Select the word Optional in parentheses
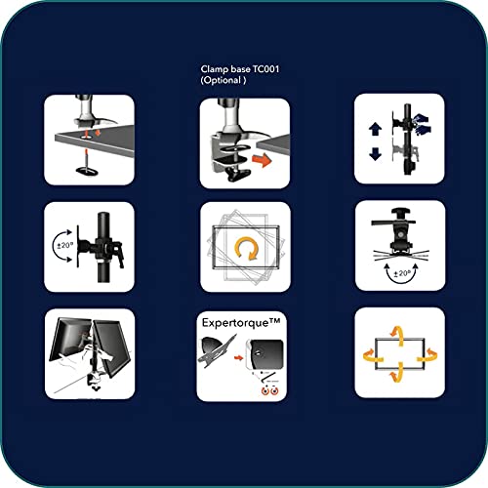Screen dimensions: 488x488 tap(223, 80)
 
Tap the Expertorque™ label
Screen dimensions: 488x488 tap(241, 322)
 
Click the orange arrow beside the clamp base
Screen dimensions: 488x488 tap(262, 160)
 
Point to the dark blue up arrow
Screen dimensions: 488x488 tap(375, 129)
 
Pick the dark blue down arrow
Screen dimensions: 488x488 tap(375, 154)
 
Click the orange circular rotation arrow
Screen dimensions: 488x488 tap(247, 248)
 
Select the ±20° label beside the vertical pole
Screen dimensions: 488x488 tap(65, 245)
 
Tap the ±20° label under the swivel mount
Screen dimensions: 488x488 tap(402, 273)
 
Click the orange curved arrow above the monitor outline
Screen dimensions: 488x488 tap(398, 335)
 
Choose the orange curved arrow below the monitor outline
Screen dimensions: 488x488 tap(397, 373)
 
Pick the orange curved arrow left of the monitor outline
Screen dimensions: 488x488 tap(373, 355)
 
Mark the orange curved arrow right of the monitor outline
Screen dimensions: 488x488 tap(427, 355)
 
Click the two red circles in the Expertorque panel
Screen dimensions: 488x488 tap(270, 390)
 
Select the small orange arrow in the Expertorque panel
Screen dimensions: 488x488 tap(238, 358)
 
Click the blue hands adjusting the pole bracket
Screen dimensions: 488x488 tap(422, 124)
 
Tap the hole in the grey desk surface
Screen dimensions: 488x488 tap(86, 138)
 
